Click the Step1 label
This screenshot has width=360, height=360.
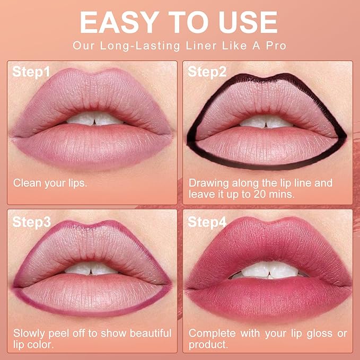[32, 72]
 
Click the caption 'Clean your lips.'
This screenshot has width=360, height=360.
[50, 183]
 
